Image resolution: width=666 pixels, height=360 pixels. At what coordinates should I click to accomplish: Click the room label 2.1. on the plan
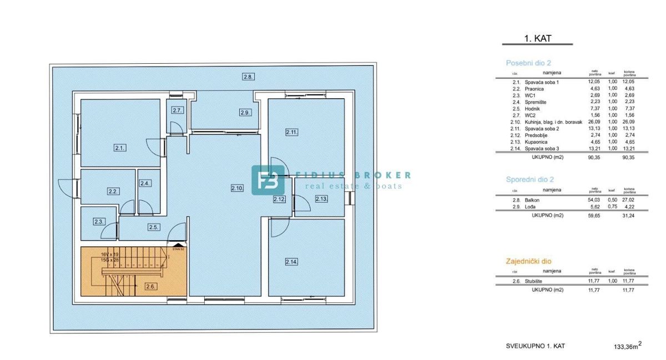click(119, 148)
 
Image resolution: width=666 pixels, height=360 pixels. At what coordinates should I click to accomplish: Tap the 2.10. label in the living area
click(237, 188)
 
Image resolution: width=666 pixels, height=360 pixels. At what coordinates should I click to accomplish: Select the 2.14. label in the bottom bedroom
click(291, 261)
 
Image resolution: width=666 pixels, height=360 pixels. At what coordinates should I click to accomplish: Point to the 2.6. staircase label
click(150, 286)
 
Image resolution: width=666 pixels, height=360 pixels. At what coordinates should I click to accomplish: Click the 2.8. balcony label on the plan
click(248, 77)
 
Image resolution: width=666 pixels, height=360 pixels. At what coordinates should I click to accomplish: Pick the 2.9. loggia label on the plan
click(245, 113)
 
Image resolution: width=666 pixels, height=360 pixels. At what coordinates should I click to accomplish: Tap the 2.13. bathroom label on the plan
click(321, 199)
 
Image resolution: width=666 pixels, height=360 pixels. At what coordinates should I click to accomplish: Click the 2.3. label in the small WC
click(99, 221)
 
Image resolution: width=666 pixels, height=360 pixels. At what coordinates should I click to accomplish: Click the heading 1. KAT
click(537, 38)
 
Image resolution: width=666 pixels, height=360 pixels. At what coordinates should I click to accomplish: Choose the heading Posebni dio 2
click(528, 63)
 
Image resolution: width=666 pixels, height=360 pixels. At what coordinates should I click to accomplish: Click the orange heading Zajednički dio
click(528, 261)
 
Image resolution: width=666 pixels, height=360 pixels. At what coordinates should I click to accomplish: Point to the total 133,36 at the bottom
click(625, 347)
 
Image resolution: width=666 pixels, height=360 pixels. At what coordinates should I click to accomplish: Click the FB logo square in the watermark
click(268, 180)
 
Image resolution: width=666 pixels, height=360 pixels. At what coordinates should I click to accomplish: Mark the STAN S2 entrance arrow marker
click(178, 246)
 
